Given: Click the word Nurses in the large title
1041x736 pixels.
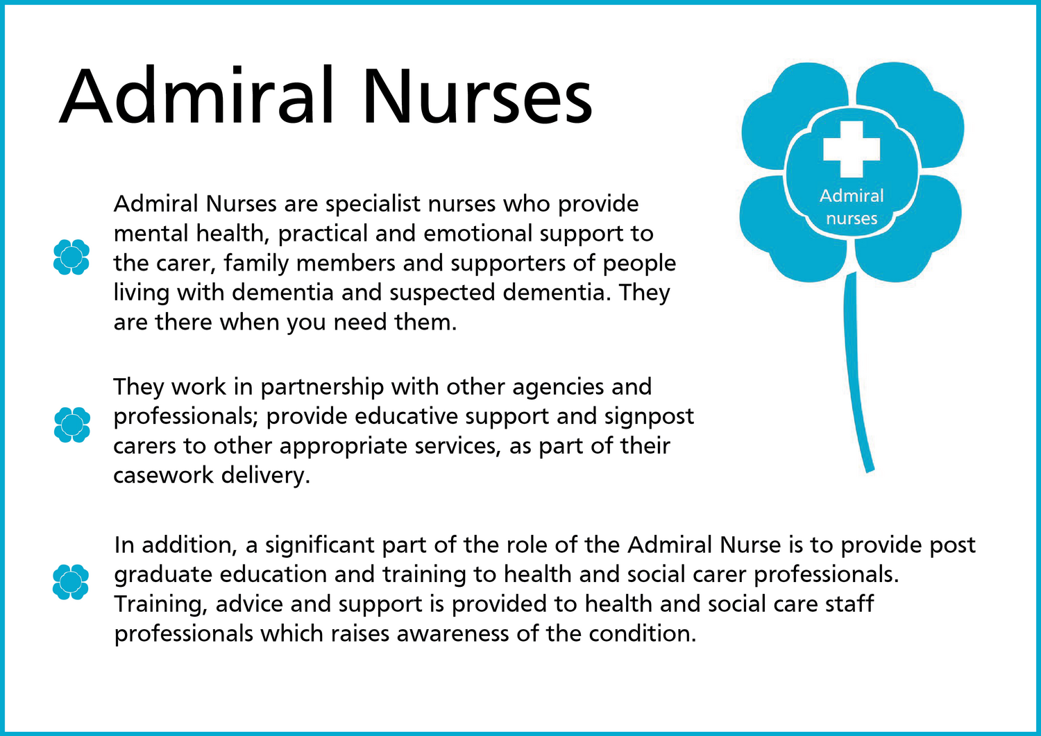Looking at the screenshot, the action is tap(477, 97).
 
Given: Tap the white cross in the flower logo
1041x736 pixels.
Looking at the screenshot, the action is tap(852, 149).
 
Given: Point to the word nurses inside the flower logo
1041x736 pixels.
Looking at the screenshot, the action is tap(852, 219).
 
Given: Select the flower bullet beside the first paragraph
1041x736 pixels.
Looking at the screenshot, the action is tap(71, 257).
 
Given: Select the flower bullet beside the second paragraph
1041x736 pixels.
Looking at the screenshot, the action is tap(72, 425).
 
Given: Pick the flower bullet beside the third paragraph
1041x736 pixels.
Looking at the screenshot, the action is tap(71, 582).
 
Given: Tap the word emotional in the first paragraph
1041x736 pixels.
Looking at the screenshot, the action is tap(477, 233).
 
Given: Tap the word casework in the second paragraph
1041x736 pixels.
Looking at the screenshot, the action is tap(164, 475).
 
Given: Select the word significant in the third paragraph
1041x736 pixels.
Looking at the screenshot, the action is tap(320, 545).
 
